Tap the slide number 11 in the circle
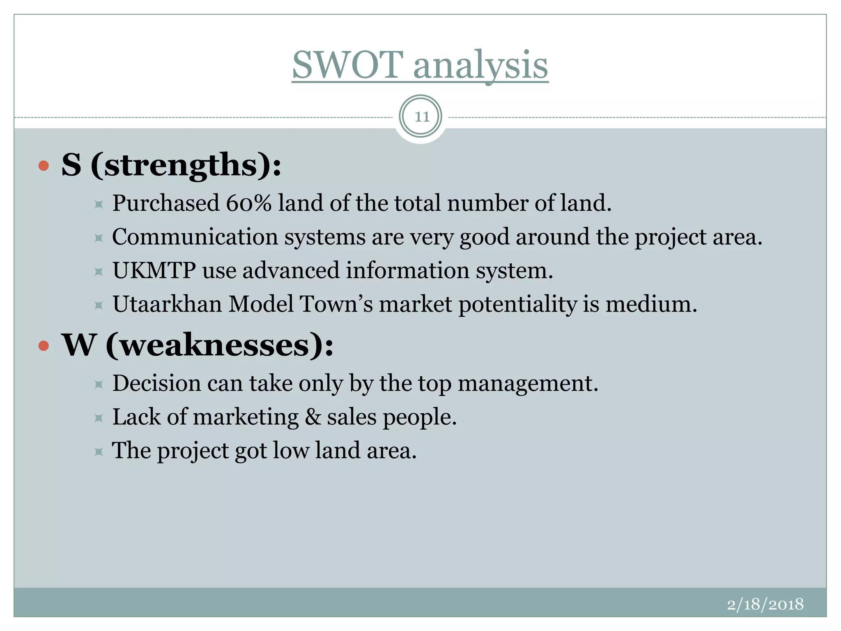[421, 117]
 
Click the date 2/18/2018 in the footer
[765, 604]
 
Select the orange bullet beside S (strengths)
[44, 166]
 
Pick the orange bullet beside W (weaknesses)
[44, 346]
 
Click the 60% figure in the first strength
[249, 203]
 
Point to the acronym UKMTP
[154, 271]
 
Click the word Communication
[195, 237]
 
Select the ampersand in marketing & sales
[313, 417]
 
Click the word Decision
[156, 384]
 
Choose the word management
[528, 384]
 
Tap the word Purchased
[166, 203]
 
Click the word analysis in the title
[480, 66]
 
